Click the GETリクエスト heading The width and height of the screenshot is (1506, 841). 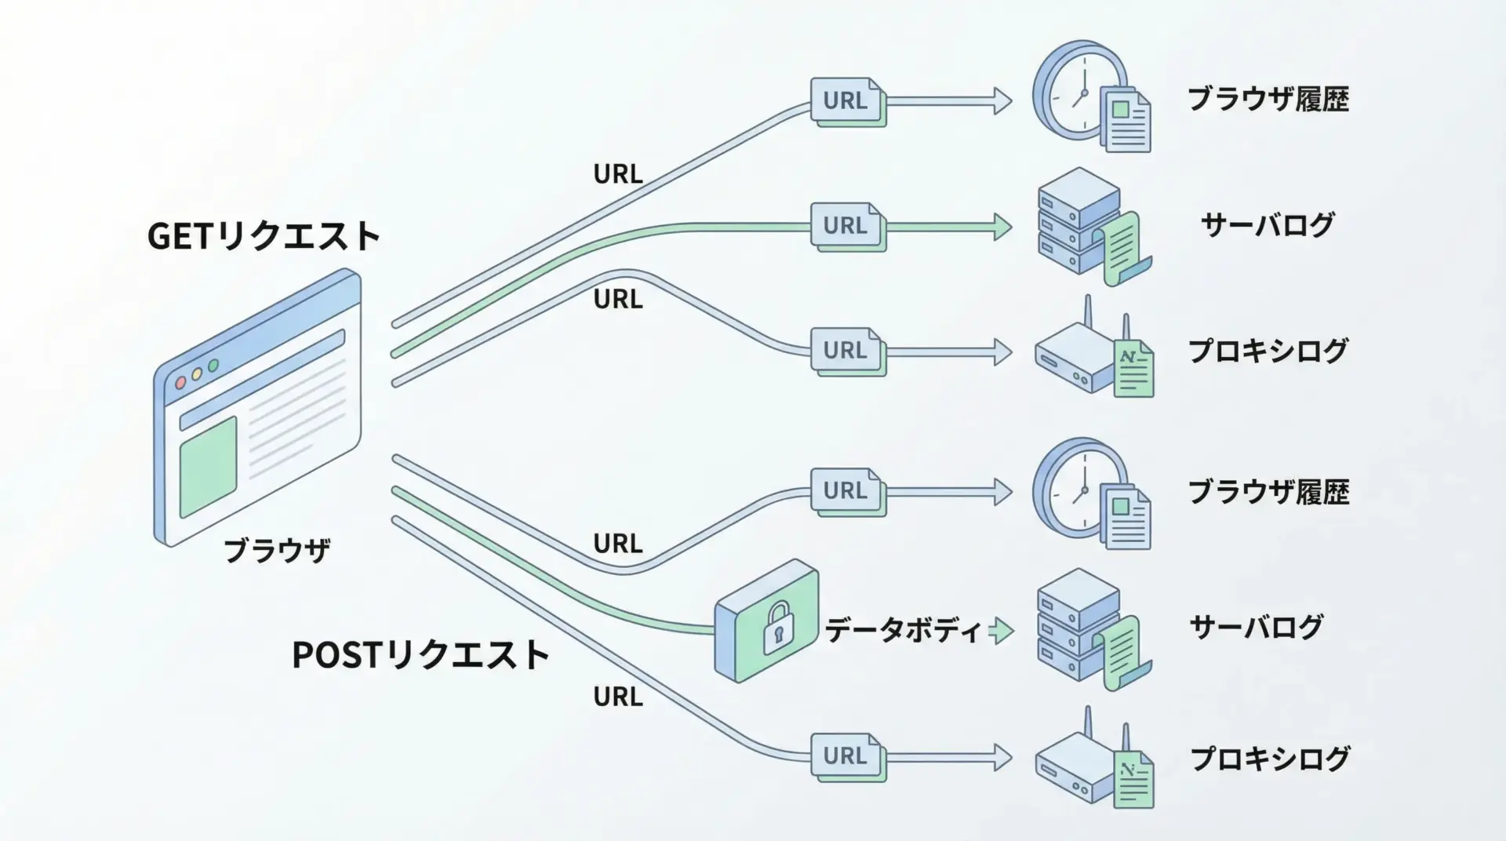[x=264, y=235]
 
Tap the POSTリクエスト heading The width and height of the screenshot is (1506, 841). [x=420, y=655]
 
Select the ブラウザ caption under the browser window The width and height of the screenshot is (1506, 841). [x=277, y=551]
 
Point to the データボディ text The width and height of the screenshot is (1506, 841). [x=902, y=631]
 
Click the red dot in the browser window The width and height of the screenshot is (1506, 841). [x=180, y=383]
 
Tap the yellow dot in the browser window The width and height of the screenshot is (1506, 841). [x=197, y=374]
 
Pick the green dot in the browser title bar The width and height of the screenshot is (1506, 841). [x=213, y=366]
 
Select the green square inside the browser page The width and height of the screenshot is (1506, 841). [x=208, y=468]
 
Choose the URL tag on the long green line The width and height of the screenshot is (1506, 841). [x=846, y=226]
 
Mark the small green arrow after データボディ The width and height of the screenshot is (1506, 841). [x=1001, y=631]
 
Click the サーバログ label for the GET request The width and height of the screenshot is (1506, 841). [x=1267, y=225]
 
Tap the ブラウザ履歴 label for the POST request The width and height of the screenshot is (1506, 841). [x=1268, y=492]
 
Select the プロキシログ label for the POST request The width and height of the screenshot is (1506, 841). [x=1270, y=759]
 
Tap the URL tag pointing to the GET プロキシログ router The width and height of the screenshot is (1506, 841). [x=846, y=350]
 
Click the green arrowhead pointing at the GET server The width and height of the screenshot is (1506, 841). [x=1002, y=226]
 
